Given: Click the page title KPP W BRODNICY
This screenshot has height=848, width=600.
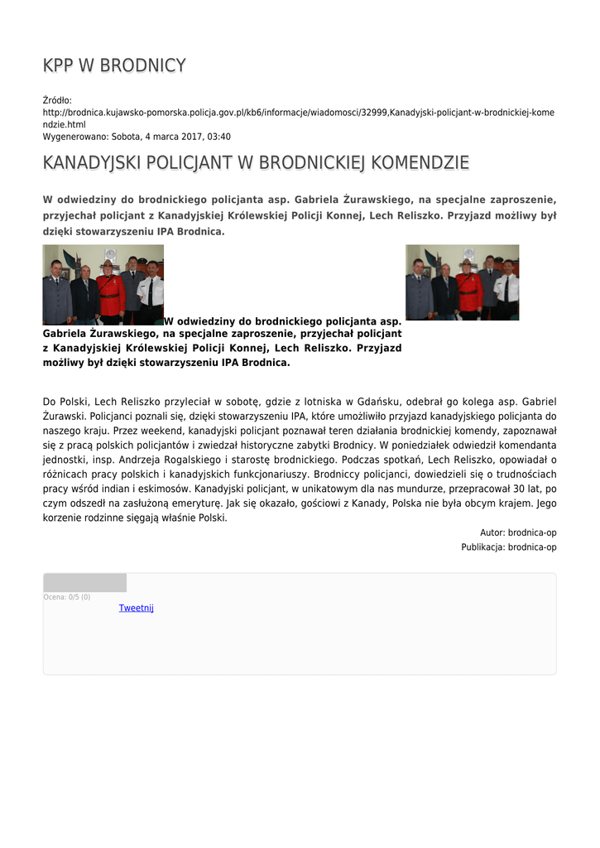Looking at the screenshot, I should click(114, 65).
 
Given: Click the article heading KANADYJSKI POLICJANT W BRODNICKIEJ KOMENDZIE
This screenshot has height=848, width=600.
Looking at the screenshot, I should click(256, 162).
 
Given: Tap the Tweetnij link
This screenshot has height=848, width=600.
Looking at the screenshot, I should click(136, 608).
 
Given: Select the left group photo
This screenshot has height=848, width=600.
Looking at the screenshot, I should click(103, 284).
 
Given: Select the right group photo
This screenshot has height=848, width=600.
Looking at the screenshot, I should click(462, 282).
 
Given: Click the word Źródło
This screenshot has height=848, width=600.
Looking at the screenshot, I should click(57, 100).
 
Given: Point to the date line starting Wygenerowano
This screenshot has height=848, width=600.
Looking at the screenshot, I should click(137, 137).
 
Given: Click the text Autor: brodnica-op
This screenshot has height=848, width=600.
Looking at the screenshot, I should click(518, 532).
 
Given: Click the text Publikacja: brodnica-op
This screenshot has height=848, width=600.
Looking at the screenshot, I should click(508, 547).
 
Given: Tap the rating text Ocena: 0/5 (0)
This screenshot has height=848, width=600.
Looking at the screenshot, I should click(67, 597).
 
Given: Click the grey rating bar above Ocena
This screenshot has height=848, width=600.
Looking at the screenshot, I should click(84, 582).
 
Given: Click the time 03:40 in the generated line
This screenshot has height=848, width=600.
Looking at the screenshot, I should click(219, 137).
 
